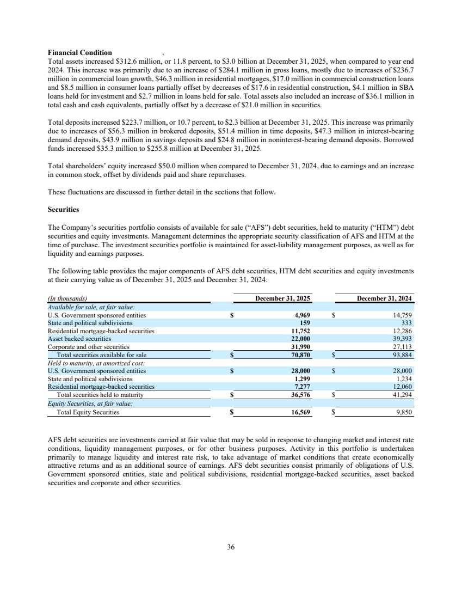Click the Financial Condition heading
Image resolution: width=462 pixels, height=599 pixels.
(80, 53)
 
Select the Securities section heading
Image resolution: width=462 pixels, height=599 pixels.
(64, 209)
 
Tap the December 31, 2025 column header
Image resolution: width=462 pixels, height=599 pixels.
(283, 298)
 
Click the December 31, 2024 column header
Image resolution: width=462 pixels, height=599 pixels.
(385, 298)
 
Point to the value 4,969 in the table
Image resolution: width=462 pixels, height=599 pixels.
(302, 315)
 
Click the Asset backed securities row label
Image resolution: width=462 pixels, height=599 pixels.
(79, 339)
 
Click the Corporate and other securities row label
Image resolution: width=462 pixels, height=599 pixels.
(88, 347)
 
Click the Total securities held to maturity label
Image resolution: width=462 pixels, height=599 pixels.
(100, 395)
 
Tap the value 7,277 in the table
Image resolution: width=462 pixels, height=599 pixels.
(302, 387)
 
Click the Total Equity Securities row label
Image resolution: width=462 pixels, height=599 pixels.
(88, 412)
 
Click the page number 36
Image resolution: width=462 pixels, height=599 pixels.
(231, 547)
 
